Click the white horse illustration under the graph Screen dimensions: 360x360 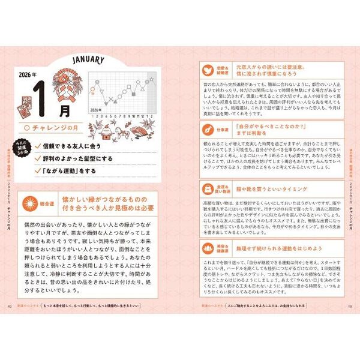coord(128,128)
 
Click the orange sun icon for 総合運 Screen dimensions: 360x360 coord(27,205)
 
